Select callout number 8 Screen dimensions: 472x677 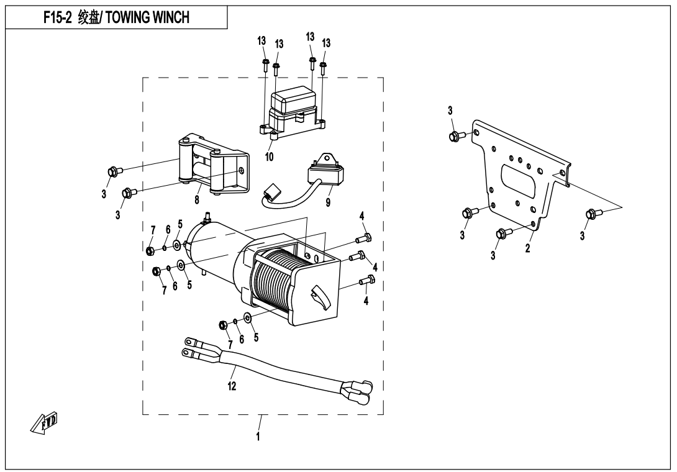pyautogui.click(x=197, y=199)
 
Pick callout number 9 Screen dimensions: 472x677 pyautogui.click(x=328, y=202)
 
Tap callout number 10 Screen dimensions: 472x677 pyautogui.click(x=269, y=158)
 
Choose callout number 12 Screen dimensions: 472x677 pyautogui.click(x=232, y=386)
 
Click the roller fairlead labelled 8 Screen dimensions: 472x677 pyautogui.click(x=211, y=165)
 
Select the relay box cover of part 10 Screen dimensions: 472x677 pyautogui.click(x=295, y=100)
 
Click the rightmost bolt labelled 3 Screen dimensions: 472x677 pyautogui.click(x=591, y=215)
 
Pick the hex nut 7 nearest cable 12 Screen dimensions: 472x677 pyautogui.click(x=223, y=325)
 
